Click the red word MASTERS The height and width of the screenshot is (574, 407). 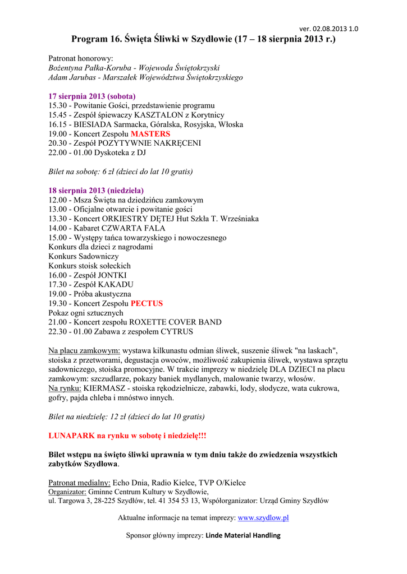coord(150,134)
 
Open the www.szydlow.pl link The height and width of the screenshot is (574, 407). coord(263,518)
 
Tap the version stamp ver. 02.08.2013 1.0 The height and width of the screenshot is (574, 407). coord(329,29)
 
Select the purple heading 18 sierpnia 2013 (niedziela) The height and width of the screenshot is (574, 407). coord(96,191)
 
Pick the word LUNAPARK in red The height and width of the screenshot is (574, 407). coord(72,435)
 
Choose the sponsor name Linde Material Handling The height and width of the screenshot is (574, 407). coord(243,535)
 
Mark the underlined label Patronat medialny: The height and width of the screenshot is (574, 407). coord(80,483)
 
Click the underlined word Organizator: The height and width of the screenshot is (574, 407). coord(67,492)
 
